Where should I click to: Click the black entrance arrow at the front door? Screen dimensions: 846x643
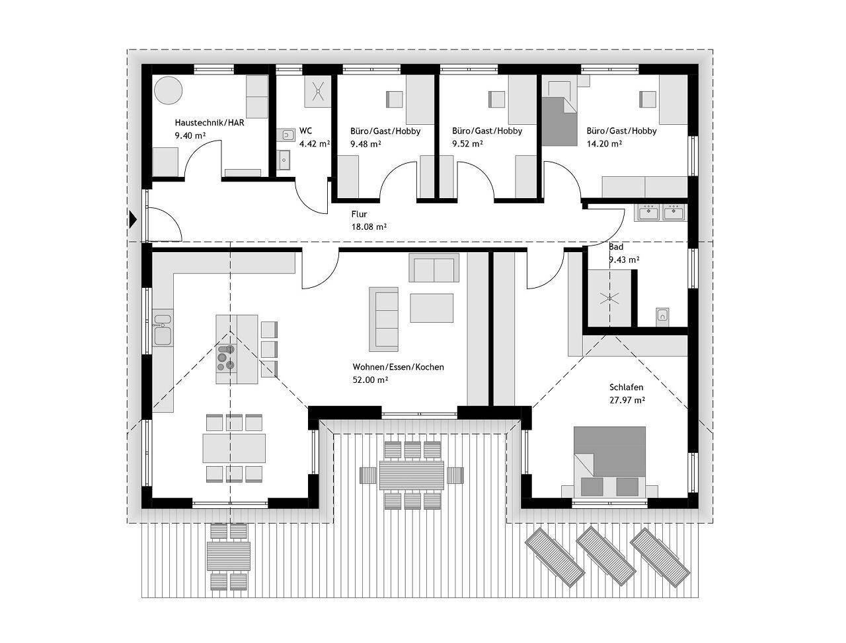point(133,220)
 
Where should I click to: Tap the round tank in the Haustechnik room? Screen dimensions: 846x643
point(168,90)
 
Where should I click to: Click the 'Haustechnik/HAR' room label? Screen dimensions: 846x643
point(210,123)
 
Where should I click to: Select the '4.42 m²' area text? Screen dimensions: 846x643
point(315,143)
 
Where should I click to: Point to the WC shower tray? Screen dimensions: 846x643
point(318,91)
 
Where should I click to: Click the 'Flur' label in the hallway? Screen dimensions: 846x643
point(359,214)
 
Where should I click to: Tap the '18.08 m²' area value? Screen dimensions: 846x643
point(369,226)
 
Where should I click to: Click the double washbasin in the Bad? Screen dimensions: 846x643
point(661,213)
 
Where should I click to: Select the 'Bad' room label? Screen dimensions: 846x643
point(616,247)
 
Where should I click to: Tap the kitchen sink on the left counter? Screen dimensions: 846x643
point(163,330)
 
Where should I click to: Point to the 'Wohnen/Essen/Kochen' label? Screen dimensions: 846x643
point(398,367)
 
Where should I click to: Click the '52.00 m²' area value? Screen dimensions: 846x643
point(370,380)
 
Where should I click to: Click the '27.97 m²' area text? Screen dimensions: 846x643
point(627,400)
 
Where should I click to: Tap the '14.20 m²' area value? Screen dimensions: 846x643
point(604,143)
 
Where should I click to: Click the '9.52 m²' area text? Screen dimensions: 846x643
point(467,143)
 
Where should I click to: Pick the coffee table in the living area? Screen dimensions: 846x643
point(432,308)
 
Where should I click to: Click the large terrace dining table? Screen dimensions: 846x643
point(412,475)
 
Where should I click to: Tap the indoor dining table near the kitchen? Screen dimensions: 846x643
point(234,448)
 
